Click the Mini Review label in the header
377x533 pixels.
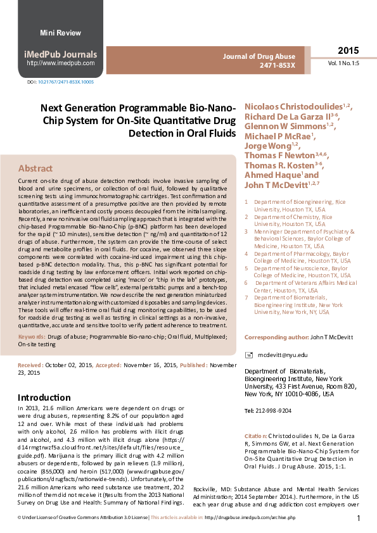60,33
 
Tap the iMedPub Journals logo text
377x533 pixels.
61,54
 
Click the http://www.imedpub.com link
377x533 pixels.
61,63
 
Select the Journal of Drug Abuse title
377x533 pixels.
259,56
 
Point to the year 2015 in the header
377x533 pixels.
348,51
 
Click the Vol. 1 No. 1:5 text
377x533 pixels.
343,64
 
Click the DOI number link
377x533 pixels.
66,82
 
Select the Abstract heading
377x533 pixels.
35,168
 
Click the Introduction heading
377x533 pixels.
44,398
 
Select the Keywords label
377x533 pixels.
30,337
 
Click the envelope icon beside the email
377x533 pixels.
249,356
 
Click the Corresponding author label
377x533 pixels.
276,337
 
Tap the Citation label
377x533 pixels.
255,437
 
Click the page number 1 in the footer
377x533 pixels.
359,519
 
